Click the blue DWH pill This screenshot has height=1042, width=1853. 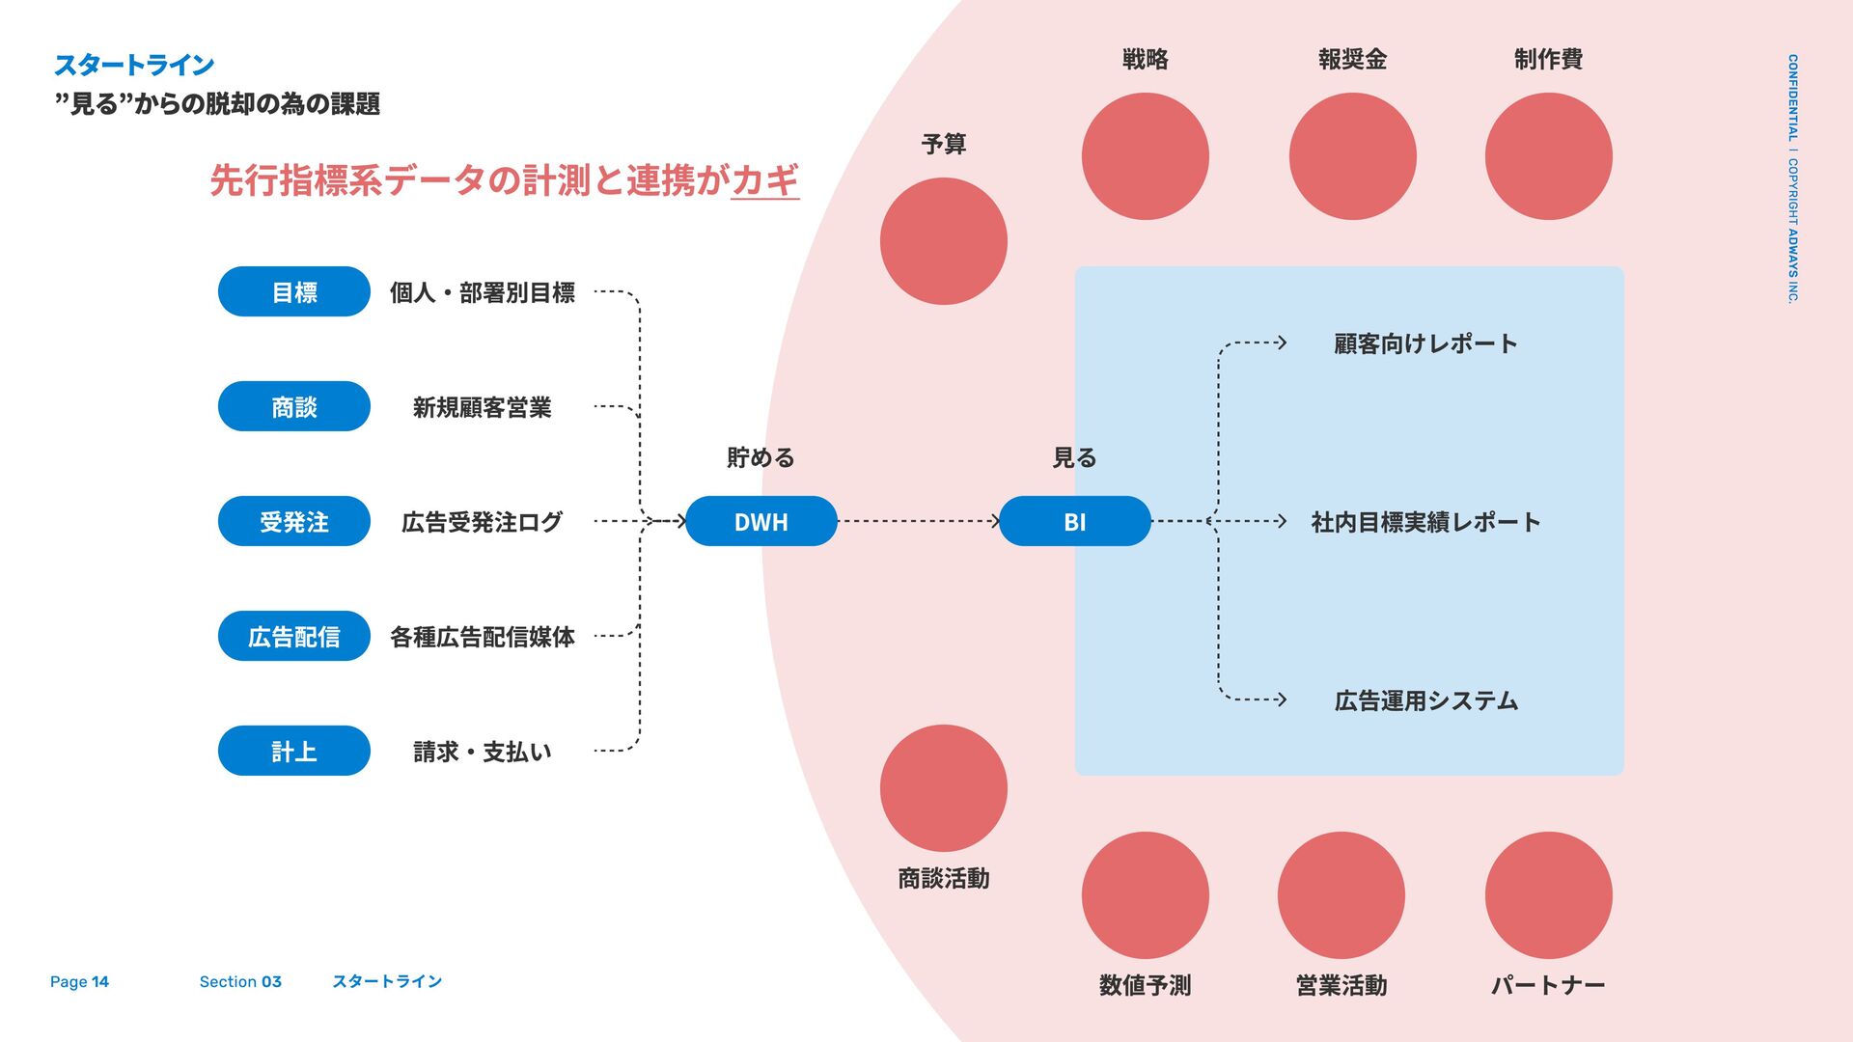pyautogui.click(x=761, y=521)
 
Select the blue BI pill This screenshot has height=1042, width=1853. pyautogui.click(x=1074, y=521)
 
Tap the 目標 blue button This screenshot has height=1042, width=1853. pyautogui.click(x=293, y=291)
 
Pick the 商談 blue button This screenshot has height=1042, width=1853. pyautogui.click(x=293, y=406)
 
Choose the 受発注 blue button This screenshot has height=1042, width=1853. pyautogui.click(x=293, y=521)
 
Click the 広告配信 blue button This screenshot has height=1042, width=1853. pyautogui.click(x=293, y=636)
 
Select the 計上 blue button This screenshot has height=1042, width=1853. pyautogui.click(x=293, y=751)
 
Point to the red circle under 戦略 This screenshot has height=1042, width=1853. pyautogui.click(x=1145, y=156)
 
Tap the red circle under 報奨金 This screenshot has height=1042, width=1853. pyautogui.click(x=1352, y=156)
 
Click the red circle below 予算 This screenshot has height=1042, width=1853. pyautogui.click(x=943, y=241)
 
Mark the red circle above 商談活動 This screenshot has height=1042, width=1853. pyautogui.click(x=943, y=788)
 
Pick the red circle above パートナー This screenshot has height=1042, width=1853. pyautogui.click(x=1548, y=895)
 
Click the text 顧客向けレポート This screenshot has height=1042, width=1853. pyautogui.click(x=1425, y=343)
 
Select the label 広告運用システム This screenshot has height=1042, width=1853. pyautogui.click(x=1425, y=700)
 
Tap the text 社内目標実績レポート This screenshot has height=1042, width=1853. pyautogui.click(x=1425, y=522)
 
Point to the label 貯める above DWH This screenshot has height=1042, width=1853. pyautogui.click(x=761, y=457)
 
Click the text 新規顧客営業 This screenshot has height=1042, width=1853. pyautogui.click(x=482, y=407)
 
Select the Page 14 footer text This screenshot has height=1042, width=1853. pyautogui.click(x=79, y=981)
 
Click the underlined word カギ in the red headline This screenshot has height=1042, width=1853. pyautogui.click(x=765, y=180)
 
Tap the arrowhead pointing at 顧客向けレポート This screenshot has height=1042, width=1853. pyautogui.click(x=1282, y=343)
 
